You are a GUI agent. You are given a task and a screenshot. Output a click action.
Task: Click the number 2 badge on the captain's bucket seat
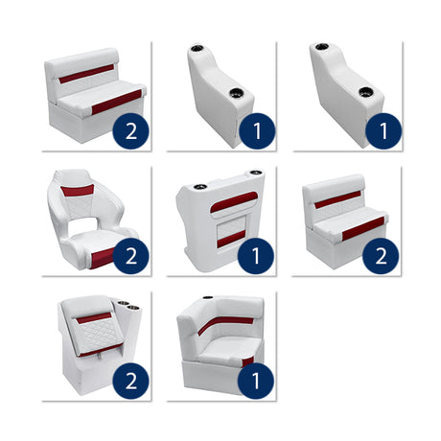click(x=130, y=256)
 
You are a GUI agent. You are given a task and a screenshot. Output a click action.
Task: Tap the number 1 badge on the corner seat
click(x=256, y=381)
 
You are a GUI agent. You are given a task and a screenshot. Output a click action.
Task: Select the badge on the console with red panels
click(x=256, y=256)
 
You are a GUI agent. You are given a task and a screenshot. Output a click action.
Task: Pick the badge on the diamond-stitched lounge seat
click(x=130, y=381)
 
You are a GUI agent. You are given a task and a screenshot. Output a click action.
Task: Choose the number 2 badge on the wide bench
click(x=130, y=130)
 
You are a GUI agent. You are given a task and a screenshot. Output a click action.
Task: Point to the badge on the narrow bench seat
click(x=381, y=256)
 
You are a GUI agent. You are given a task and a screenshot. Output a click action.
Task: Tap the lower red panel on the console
click(x=229, y=239)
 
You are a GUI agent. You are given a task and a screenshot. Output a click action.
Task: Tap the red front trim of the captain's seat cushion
click(x=100, y=256)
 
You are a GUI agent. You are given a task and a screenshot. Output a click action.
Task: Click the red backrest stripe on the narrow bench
click(x=338, y=198)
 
